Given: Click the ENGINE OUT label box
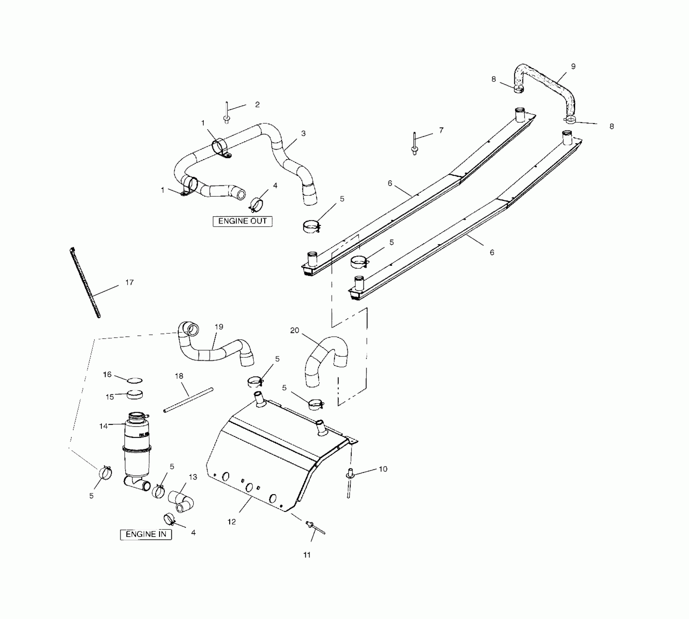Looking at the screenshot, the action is point(242,221).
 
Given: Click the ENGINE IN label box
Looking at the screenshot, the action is point(146,534).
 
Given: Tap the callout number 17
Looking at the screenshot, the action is point(130,282).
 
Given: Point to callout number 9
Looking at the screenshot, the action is point(573,66).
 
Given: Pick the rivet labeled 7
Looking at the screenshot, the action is point(414,144).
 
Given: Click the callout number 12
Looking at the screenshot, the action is point(232,522).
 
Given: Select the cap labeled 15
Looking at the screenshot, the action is point(134,395).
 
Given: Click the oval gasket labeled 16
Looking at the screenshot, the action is point(135,381).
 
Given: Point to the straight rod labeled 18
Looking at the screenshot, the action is point(188,400).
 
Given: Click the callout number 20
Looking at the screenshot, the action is point(295,330).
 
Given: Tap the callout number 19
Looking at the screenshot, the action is point(219,327).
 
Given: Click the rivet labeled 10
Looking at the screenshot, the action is point(349,482).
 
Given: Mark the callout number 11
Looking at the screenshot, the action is point(307,555).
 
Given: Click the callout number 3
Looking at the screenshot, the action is point(303,133).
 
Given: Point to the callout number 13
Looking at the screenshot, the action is point(193,477).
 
